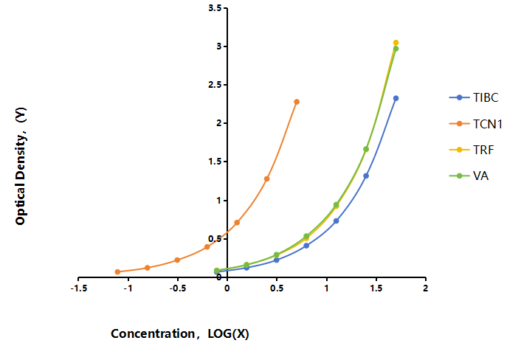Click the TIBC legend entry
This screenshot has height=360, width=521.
coord(474,97)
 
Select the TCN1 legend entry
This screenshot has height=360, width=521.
coord(476,124)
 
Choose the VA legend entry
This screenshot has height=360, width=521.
coord(469,176)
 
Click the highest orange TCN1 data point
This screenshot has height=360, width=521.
coord(297,102)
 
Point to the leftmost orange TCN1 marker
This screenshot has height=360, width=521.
coord(117,271)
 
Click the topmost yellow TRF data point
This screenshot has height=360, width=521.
coord(396,43)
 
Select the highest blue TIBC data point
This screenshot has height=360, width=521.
coord(396,98)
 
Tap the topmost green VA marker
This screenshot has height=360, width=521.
coord(396,49)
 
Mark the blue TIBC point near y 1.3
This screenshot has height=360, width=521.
coord(366,176)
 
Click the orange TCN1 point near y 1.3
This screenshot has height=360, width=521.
coord(267,179)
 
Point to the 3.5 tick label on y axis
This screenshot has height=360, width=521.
coord(215,8)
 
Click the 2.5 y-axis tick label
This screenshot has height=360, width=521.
coord(215,85)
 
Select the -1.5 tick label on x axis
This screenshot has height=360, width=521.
coord(79,288)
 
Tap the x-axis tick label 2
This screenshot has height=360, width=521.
coord(425,288)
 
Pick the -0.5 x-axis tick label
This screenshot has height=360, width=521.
coord(177,288)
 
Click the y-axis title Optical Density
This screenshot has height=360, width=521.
coord(21,167)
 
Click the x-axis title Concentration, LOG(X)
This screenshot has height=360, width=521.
coord(180,333)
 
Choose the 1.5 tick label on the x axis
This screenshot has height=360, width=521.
coord(376,288)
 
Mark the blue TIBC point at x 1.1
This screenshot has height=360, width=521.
coord(337,221)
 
